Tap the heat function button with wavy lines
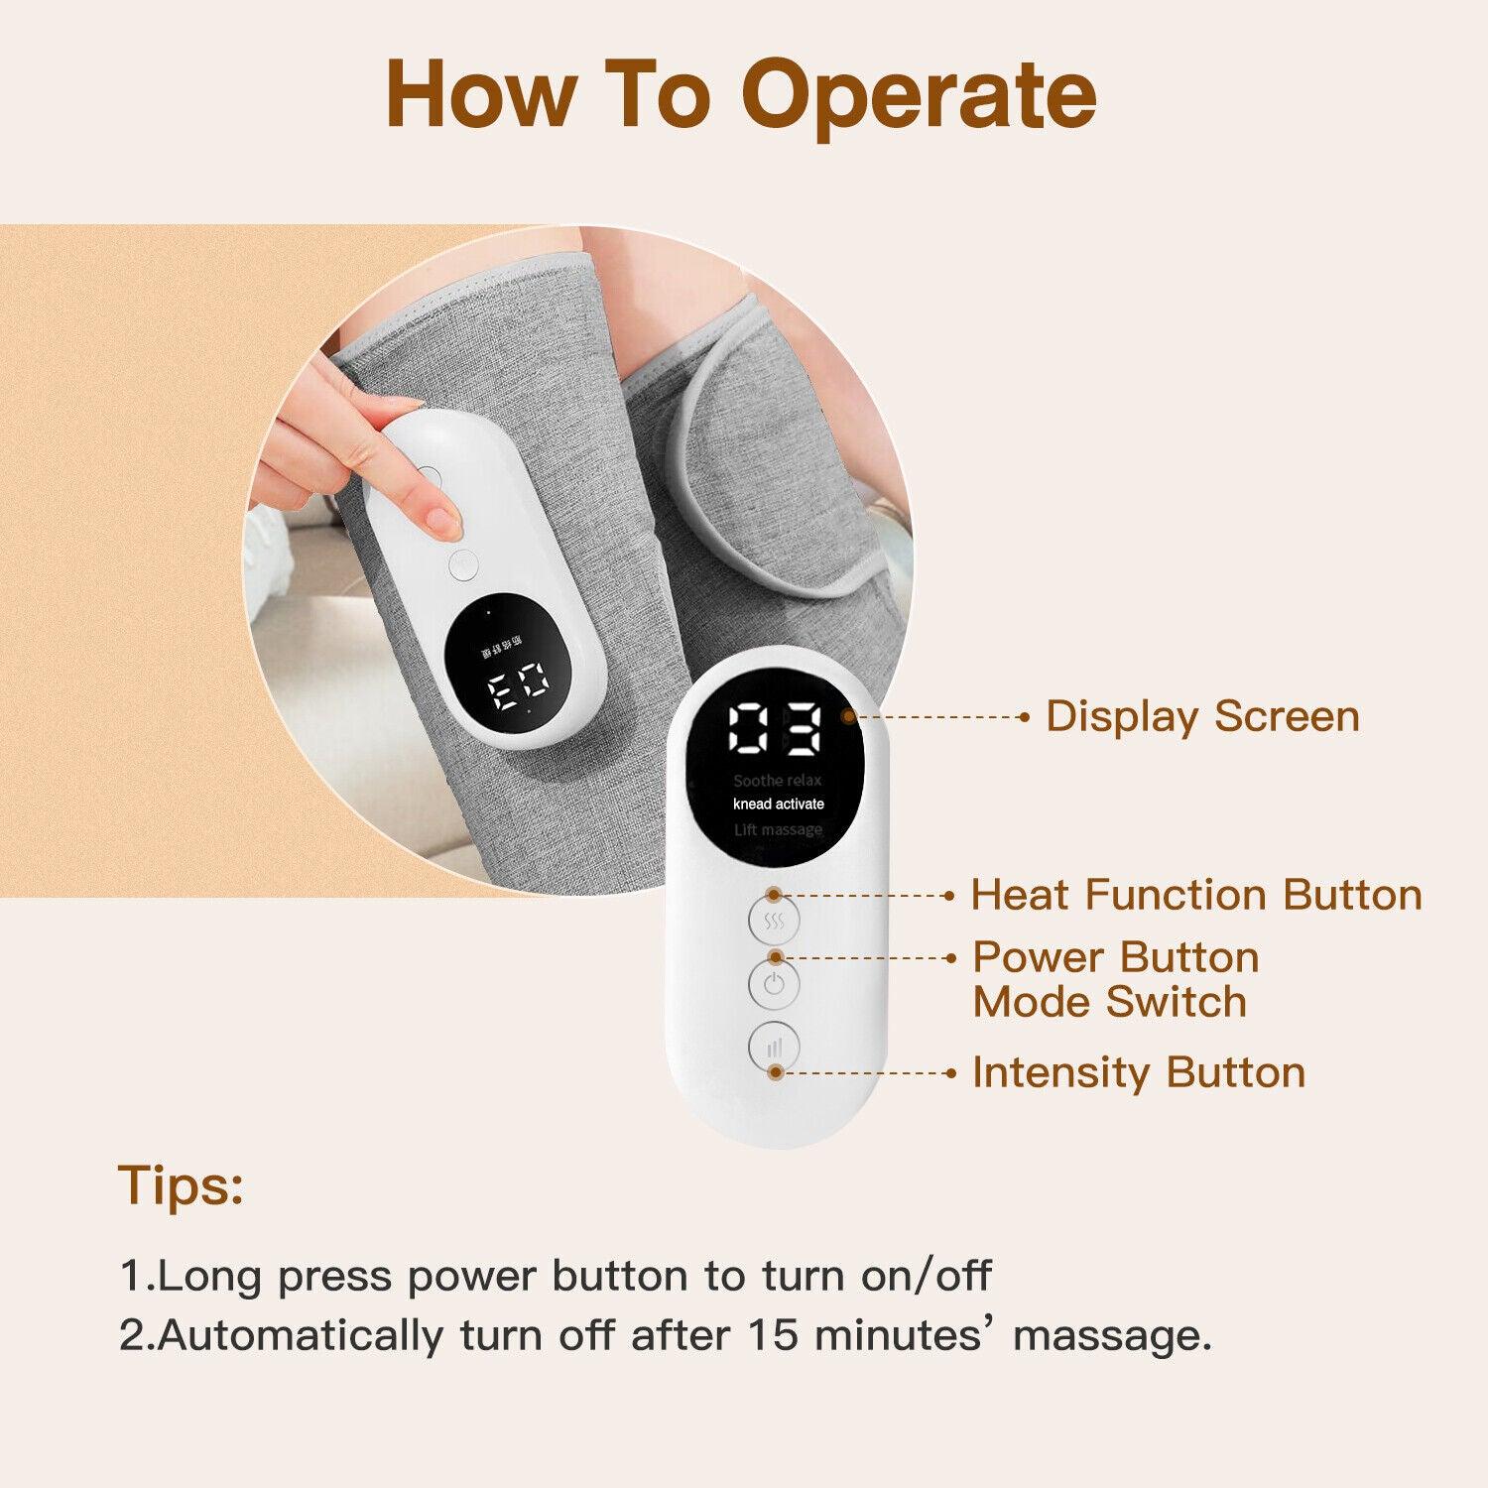click(x=774, y=922)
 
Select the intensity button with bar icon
click(x=774, y=1047)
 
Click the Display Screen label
click(x=1202, y=716)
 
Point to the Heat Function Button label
click(x=1196, y=895)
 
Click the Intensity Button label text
click(x=1139, y=1072)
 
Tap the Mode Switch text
click(x=1109, y=1002)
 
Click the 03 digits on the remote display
click(x=775, y=731)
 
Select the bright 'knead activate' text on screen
click(x=779, y=805)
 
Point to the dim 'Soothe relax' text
click(x=778, y=781)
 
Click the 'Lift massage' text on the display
click(x=779, y=829)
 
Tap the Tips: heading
click(x=182, y=1184)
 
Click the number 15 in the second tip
click(x=773, y=1335)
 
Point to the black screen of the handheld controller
click(x=500, y=658)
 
